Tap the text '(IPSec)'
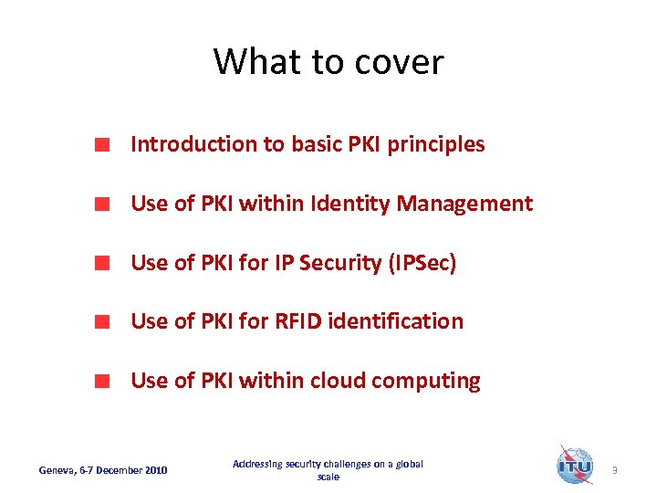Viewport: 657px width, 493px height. click(422, 263)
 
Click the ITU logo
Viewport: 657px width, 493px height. click(574, 465)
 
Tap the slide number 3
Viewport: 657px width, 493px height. click(615, 470)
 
